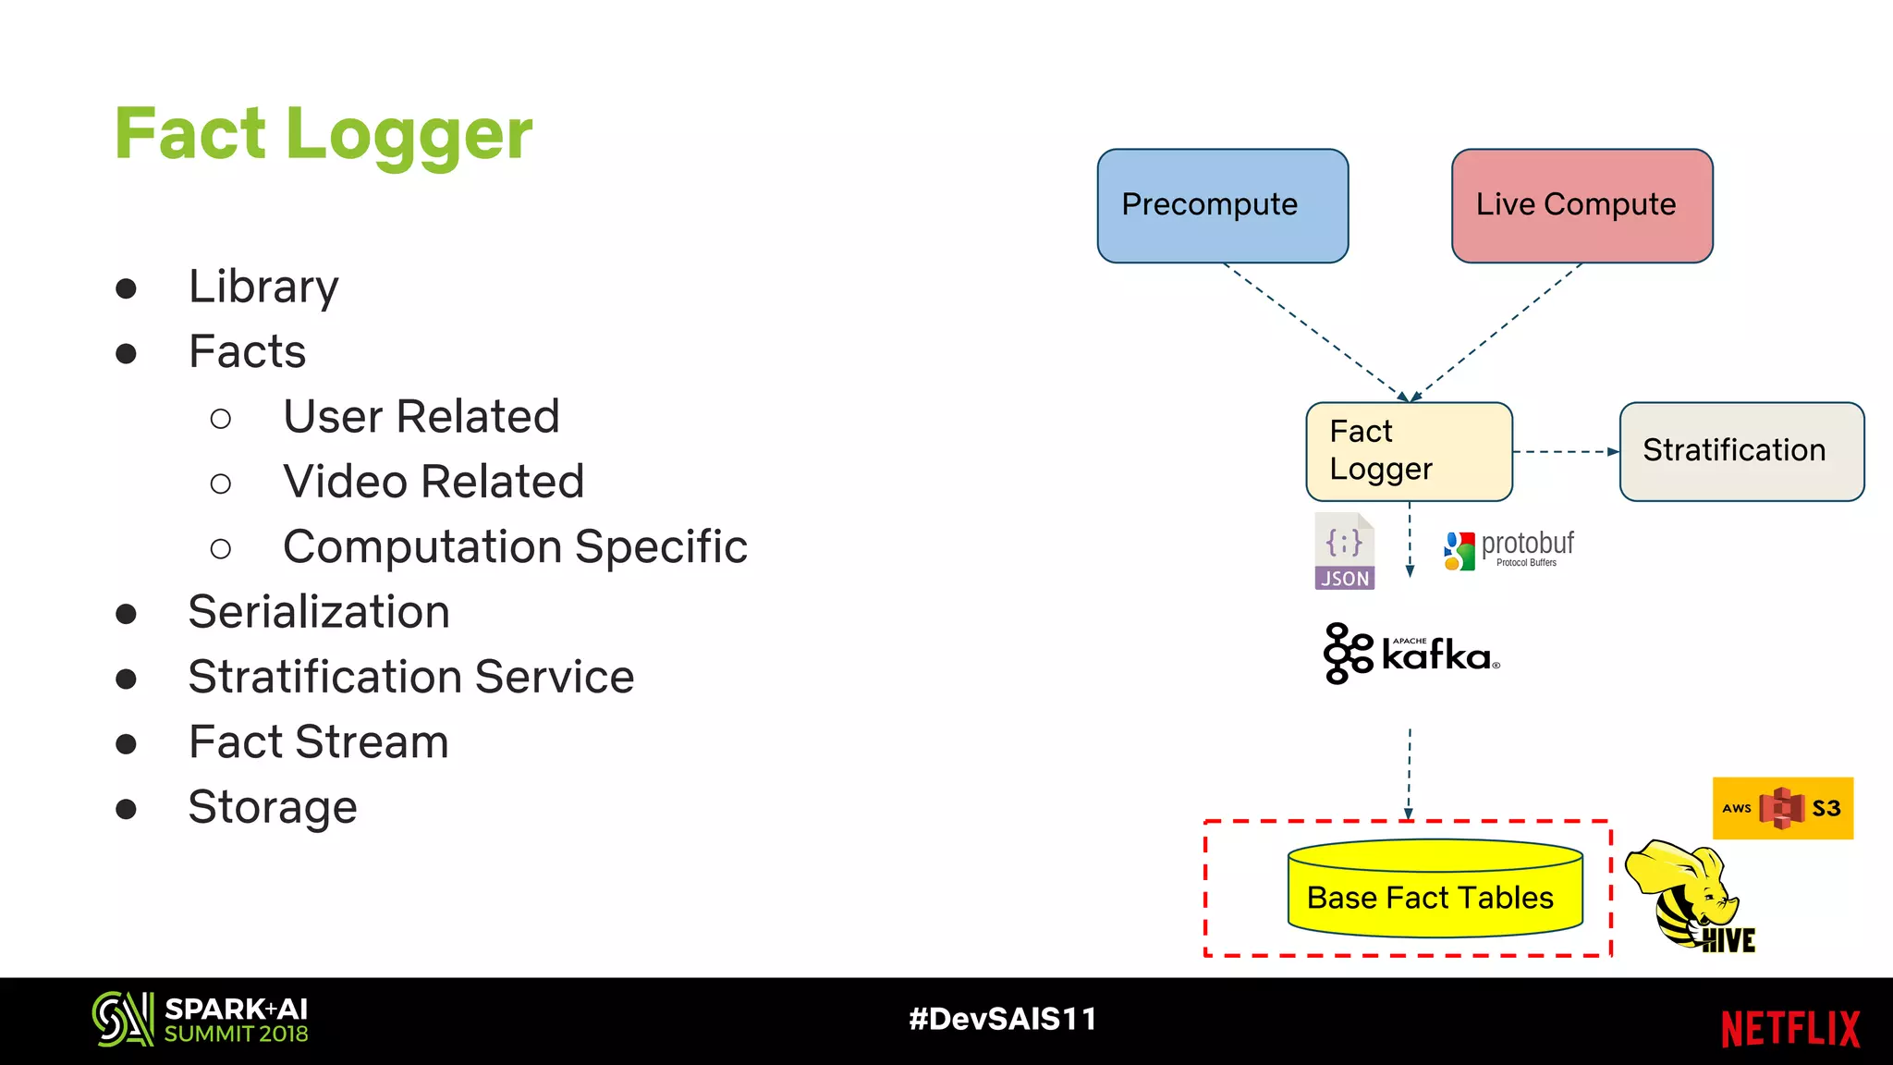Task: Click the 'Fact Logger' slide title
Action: (324, 134)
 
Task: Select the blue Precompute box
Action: (1222, 205)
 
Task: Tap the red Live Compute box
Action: (1582, 205)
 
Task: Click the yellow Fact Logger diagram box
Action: (1409, 451)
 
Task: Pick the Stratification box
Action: (1741, 451)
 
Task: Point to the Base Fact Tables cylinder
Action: (1435, 889)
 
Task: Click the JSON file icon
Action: (1344, 551)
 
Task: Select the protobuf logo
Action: (1508, 549)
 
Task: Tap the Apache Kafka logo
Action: (1411, 654)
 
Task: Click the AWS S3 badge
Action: (1782, 808)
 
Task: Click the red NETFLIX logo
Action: (1789, 1028)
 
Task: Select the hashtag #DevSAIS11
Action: (1003, 1019)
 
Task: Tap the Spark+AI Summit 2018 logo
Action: (200, 1020)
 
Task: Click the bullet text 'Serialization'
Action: (319, 612)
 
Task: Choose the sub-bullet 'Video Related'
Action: (434, 482)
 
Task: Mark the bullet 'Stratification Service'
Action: (411, 677)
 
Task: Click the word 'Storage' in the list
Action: (273, 807)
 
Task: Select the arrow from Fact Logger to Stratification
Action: (1566, 452)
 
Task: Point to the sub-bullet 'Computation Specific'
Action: (515, 546)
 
